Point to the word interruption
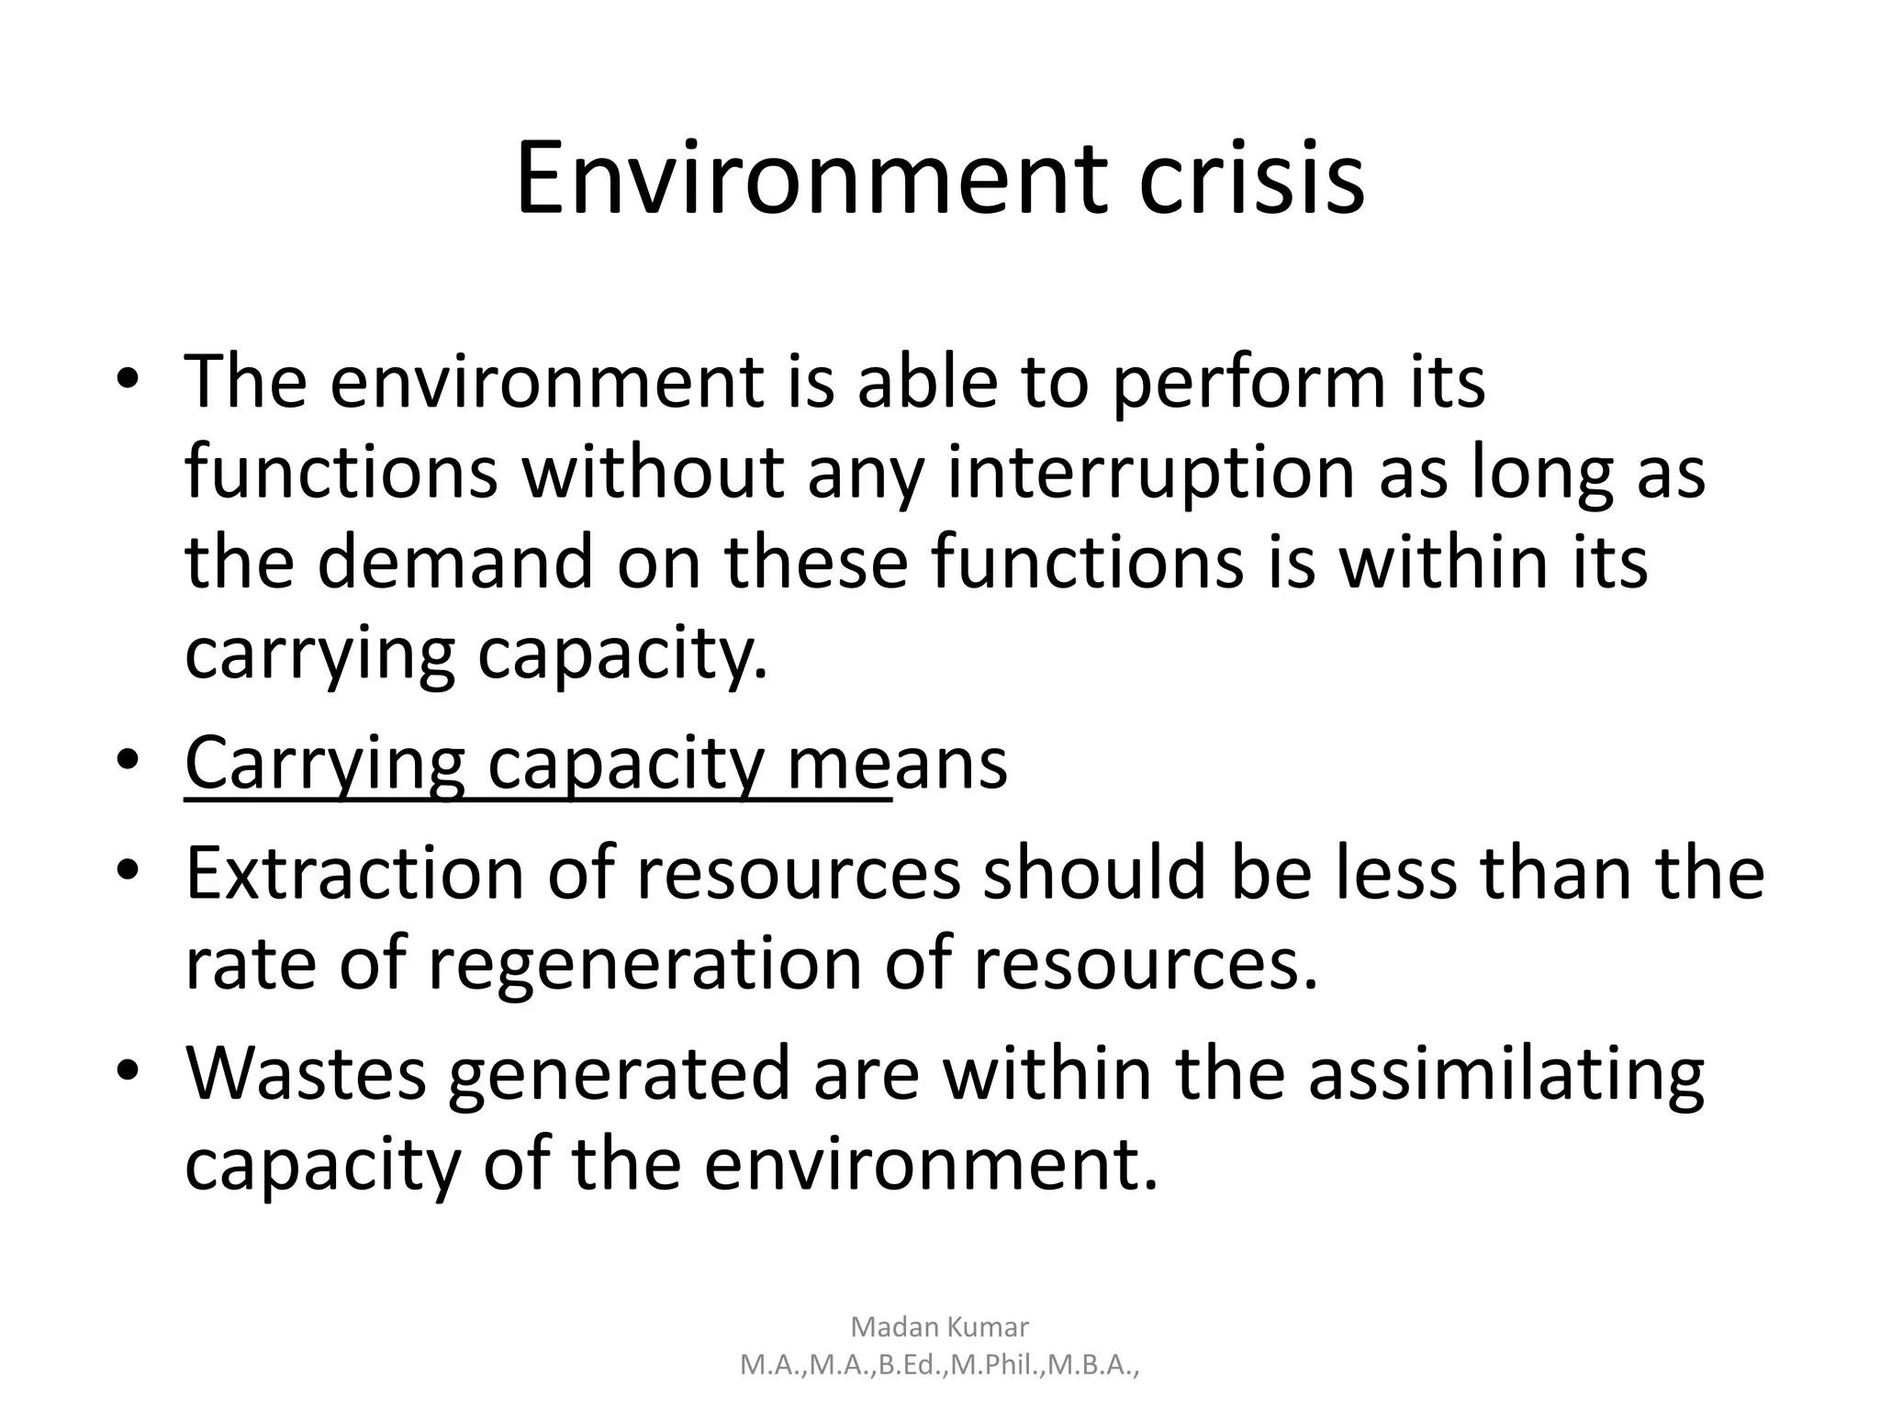[x=1151, y=474]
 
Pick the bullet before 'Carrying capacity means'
[x=129, y=761]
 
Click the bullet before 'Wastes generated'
[x=129, y=1071]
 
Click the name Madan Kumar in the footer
[x=940, y=1326]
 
